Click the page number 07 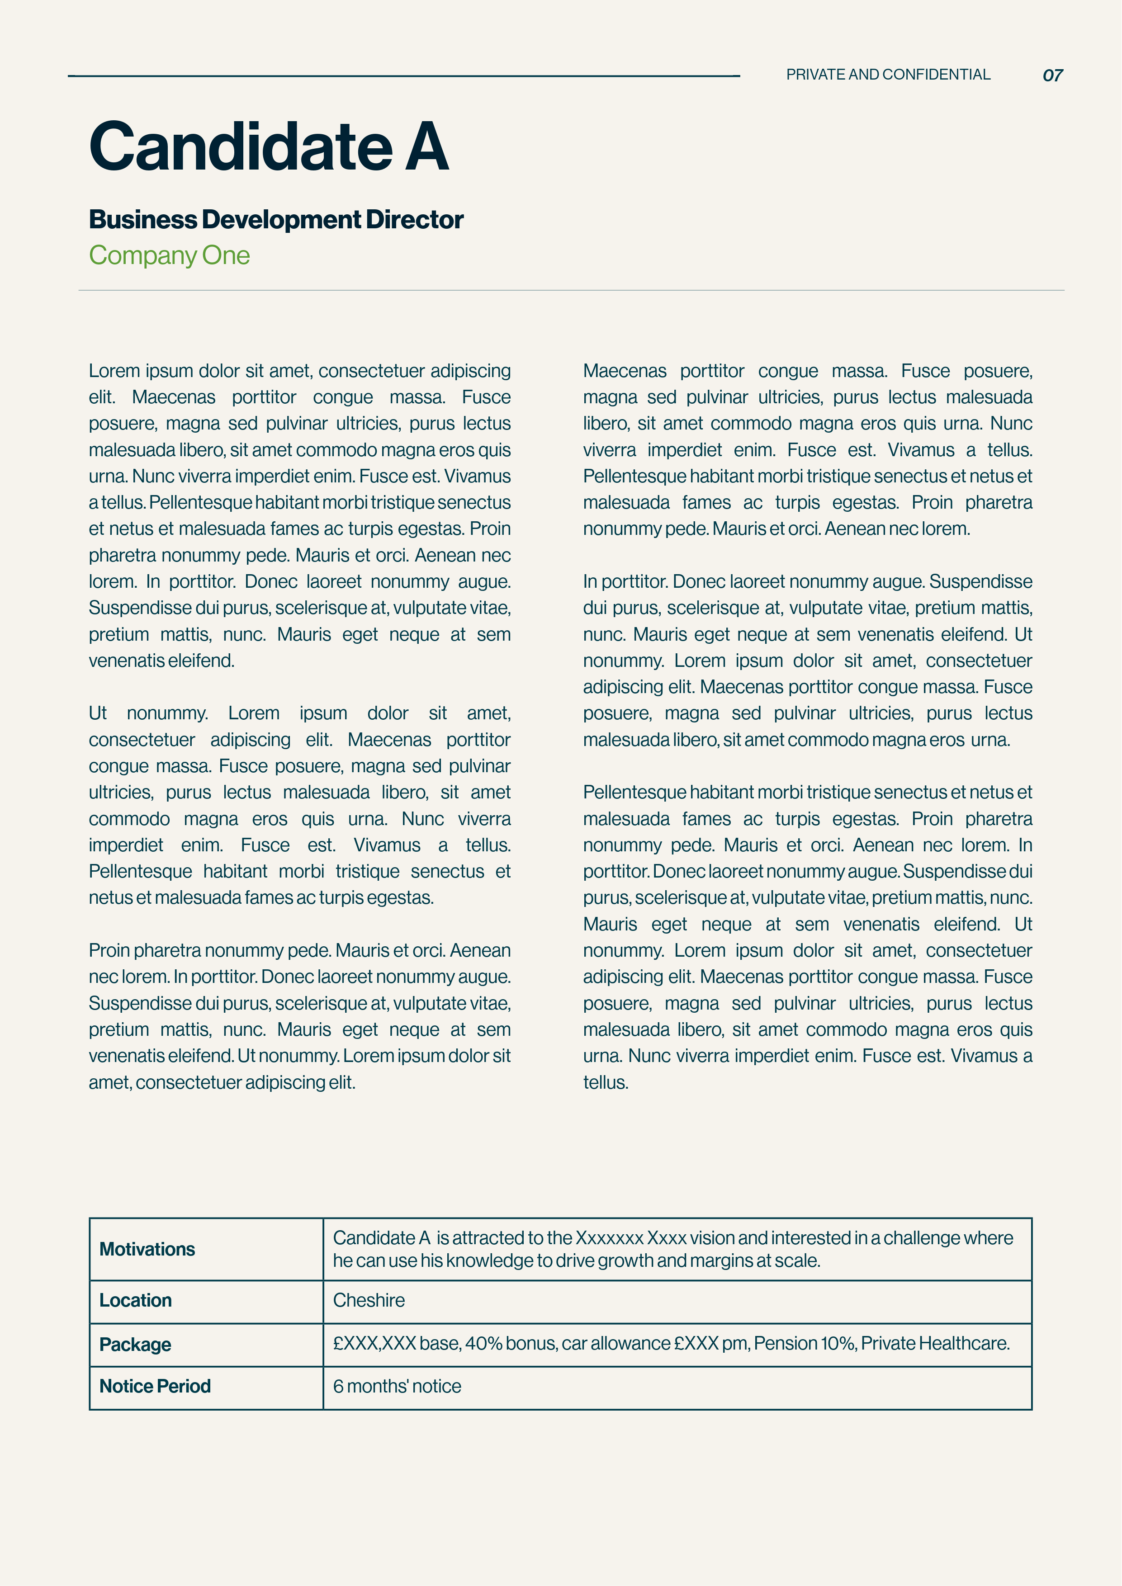pyautogui.click(x=1052, y=76)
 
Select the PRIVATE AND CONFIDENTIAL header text pyautogui.click(x=888, y=75)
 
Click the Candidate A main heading pyautogui.click(x=269, y=146)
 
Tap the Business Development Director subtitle pyautogui.click(x=276, y=220)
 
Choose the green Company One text pyautogui.click(x=169, y=255)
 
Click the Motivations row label pyautogui.click(x=147, y=1249)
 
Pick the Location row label pyautogui.click(x=135, y=1300)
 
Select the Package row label pyautogui.click(x=135, y=1344)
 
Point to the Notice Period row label pyautogui.click(x=155, y=1386)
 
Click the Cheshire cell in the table pyautogui.click(x=369, y=1300)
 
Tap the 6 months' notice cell pyautogui.click(x=397, y=1386)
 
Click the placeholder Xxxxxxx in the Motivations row pyautogui.click(x=609, y=1238)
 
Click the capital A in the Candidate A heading pyautogui.click(x=426, y=146)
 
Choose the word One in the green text pyautogui.click(x=226, y=255)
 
